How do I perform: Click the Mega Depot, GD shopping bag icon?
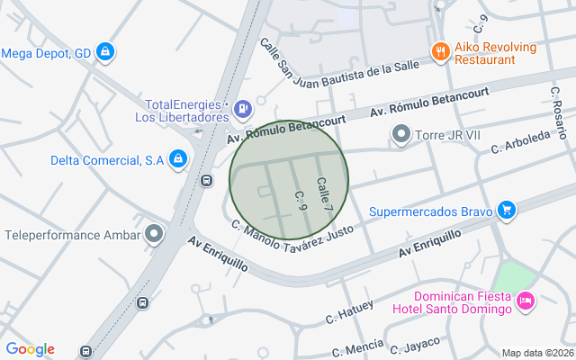[x=106, y=52]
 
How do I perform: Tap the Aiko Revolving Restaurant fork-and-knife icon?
[x=440, y=52]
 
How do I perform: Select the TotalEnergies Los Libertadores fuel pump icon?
[x=242, y=110]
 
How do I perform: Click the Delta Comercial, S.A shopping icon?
[x=178, y=160]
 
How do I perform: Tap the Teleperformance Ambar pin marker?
[x=155, y=235]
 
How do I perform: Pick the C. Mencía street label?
[x=357, y=349]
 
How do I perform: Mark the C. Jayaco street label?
[x=415, y=345]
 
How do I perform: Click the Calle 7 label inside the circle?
[x=324, y=195]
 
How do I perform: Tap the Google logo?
[x=30, y=349]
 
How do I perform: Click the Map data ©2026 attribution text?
[x=536, y=353]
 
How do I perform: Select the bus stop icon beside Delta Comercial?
[x=207, y=179]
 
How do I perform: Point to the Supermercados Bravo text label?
[x=430, y=212]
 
